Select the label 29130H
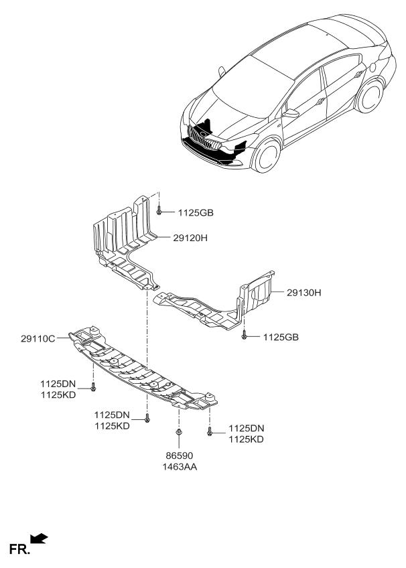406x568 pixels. (304, 292)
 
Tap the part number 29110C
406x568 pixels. (38, 340)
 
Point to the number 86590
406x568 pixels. (178, 455)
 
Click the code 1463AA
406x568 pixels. (178, 467)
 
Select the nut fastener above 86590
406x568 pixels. (178, 433)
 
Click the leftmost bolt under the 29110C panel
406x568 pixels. (93, 386)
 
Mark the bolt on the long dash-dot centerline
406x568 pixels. (147, 419)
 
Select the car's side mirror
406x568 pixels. (291, 114)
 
